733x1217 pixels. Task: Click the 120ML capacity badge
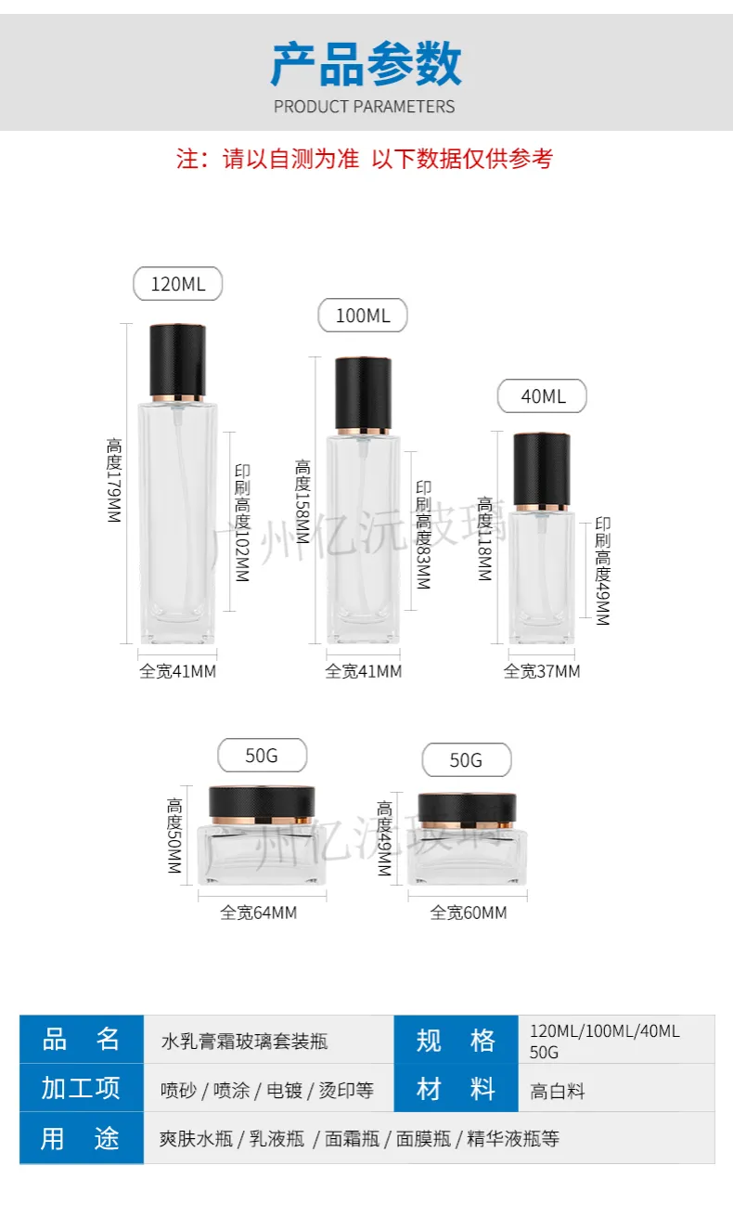tap(177, 284)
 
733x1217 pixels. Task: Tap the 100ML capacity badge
tap(363, 315)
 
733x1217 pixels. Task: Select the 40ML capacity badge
tap(543, 396)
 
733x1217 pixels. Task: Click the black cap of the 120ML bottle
tap(177, 360)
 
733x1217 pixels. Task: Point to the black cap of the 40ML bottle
tap(542, 469)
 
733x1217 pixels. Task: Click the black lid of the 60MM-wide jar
tap(467, 808)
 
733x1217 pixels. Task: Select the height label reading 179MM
tap(114, 480)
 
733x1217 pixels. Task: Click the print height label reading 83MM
tap(423, 535)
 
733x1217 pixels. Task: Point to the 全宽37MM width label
tap(542, 671)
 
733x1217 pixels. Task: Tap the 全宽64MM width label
tap(259, 913)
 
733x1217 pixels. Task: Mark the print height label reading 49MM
tap(603, 571)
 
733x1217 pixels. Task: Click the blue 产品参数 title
tap(366, 64)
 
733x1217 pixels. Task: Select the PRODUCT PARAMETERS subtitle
tap(365, 107)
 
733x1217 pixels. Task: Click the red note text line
tap(365, 159)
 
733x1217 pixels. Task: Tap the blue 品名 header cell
tap(82, 1040)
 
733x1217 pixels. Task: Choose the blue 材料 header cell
tap(457, 1088)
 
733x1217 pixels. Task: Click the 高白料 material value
tap(557, 1092)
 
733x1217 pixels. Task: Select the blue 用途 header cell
tap(82, 1138)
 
